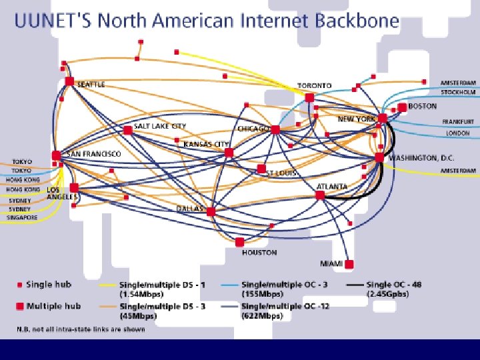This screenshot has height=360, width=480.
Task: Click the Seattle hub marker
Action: click(x=69, y=81)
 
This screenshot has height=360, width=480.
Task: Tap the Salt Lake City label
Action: click(x=160, y=125)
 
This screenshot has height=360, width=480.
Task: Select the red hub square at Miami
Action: click(x=349, y=263)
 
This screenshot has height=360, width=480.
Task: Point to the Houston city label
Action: click(x=259, y=253)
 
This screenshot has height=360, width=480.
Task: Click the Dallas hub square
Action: click(x=211, y=211)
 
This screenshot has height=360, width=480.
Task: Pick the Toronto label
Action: click(x=314, y=86)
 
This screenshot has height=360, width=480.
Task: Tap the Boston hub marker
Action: click(x=402, y=107)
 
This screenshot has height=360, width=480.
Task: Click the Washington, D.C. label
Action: click(x=422, y=158)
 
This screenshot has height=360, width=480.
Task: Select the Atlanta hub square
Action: click(x=320, y=195)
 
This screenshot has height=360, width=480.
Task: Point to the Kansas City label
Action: click(x=206, y=144)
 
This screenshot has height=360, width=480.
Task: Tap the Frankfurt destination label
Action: click(x=458, y=122)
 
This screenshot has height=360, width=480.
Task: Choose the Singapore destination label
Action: click(x=23, y=217)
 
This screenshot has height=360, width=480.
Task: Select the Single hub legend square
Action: click(x=20, y=285)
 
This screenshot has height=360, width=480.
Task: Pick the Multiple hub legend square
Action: click(x=20, y=306)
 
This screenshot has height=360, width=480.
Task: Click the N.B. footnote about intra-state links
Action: click(x=81, y=329)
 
